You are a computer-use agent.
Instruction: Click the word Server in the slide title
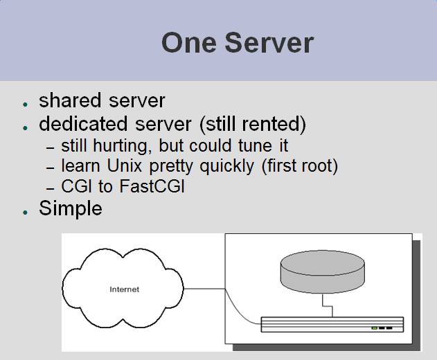tap(269, 43)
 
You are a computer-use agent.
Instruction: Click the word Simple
tap(70, 208)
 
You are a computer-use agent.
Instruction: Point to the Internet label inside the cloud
tap(125, 289)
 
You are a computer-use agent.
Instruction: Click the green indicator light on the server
tap(374, 328)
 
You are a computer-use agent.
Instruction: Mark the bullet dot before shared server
tap(25, 105)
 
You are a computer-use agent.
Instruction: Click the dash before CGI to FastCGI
tap(50, 188)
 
